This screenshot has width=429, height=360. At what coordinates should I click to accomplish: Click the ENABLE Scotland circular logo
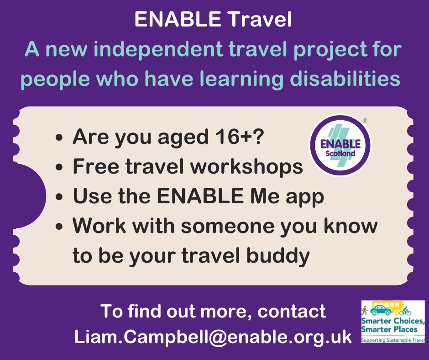point(340,145)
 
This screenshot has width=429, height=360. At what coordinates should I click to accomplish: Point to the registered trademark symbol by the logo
point(365,121)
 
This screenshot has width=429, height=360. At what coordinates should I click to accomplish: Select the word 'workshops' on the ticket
point(247,167)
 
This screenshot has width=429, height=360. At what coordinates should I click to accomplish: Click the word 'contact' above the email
point(292,312)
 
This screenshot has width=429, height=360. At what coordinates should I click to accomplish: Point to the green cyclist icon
point(406,312)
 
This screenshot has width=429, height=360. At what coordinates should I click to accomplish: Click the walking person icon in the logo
point(365,311)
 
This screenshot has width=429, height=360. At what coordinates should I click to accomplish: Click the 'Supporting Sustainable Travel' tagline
point(393,340)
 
